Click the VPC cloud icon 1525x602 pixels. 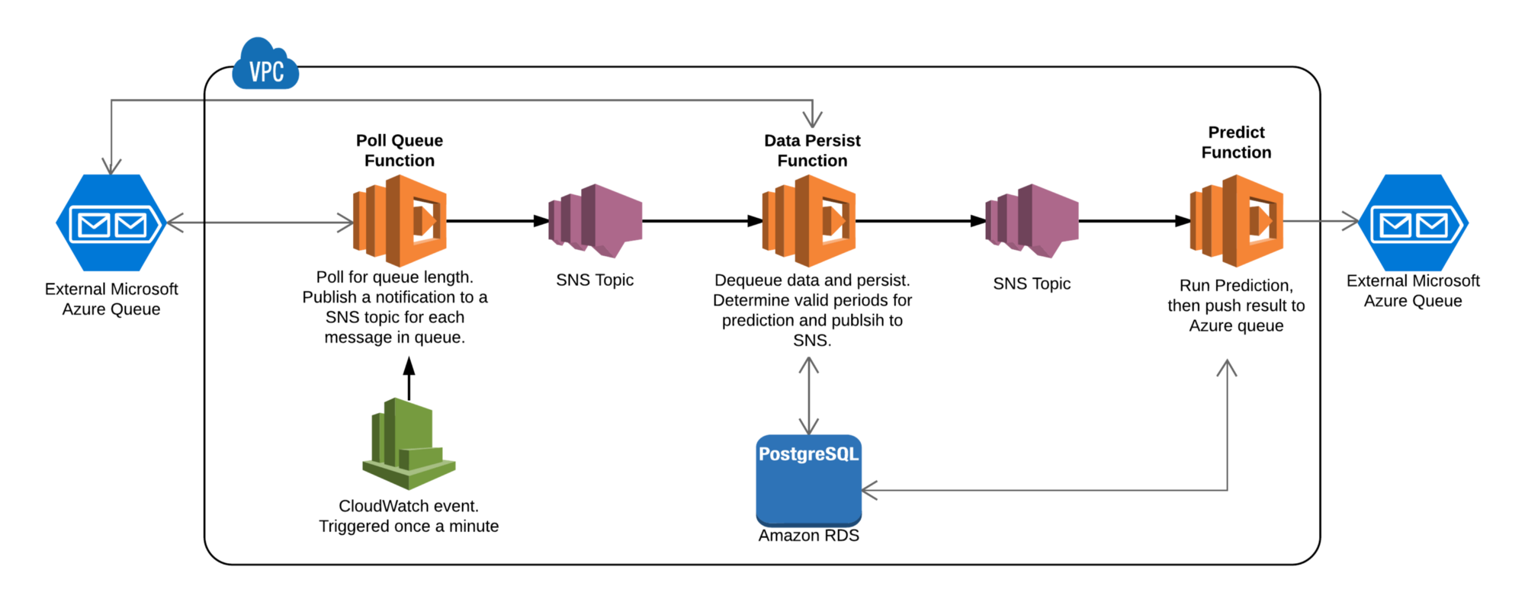pyautogui.click(x=265, y=65)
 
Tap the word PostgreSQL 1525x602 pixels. pyautogui.click(x=808, y=454)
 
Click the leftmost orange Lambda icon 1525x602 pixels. pyautogui.click(x=400, y=221)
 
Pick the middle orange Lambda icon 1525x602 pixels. pyautogui.click(x=809, y=221)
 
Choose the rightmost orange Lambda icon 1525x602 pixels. pyautogui.click(x=1237, y=221)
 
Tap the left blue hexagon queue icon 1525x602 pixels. pyautogui.click(x=111, y=223)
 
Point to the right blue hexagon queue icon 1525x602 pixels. pyautogui.click(x=1414, y=223)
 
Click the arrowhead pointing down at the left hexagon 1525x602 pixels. pyautogui.click(x=112, y=167)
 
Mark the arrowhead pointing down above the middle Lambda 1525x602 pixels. pyautogui.click(x=813, y=120)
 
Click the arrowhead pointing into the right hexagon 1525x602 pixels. pyautogui.click(x=1352, y=221)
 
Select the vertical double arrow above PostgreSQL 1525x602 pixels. pyautogui.click(x=809, y=395)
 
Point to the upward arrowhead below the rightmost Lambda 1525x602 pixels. pyautogui.click(x=1227, y=367)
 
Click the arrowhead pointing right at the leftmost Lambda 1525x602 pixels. pyautogui.click(x=346, y=223)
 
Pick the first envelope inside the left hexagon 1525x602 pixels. pyautogui.click(x=95, y=225)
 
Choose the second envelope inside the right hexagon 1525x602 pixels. pyautogui.click(x=1432, y=226)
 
